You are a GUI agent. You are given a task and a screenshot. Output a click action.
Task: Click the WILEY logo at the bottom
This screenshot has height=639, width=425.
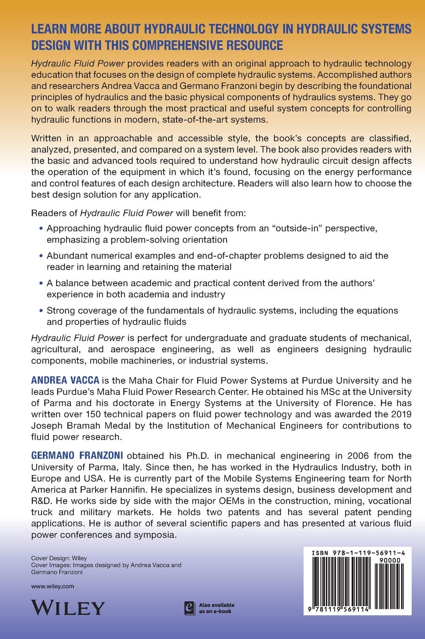click(67, 608)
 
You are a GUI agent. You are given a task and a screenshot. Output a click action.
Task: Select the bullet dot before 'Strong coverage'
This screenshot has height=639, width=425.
click(40, 311)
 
